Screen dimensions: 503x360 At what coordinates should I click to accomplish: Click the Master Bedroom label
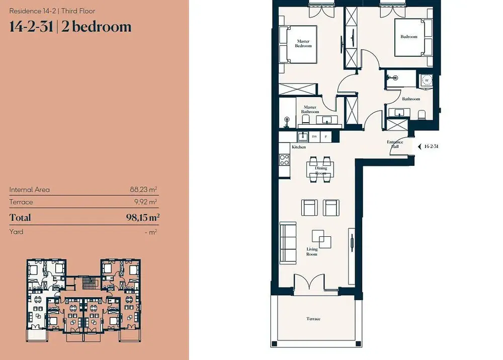pyautogui.click(x=303, y=43)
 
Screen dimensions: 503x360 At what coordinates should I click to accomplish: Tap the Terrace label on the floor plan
pyautogui.click(x=313, y=319)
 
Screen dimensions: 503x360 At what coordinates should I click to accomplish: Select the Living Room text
pyautogui.click(x=311, y=251)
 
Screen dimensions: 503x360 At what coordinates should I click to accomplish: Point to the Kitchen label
pyautogui.click(x=299, y=147)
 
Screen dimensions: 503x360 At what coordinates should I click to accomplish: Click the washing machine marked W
pyautogui.click(x=427, y=80)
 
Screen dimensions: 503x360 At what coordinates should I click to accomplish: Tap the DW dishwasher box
pyautogui.click(x=314, y=137)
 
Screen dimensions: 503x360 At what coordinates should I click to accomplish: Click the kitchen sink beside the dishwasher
pyautogui.click(x=303, y=137)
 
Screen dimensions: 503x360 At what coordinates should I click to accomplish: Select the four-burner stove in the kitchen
pyautogui.click(x=284, y=160)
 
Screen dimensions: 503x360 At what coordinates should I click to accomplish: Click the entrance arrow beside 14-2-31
pyautogui.click(x=420, y=146)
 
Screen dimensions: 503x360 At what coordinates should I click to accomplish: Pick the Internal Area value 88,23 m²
pyautogui.click(x=143, y=190)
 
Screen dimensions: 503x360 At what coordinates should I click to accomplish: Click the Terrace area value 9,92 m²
pyautogui.click(x=146, y=202)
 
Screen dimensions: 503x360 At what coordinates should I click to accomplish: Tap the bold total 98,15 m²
pyautogui.click(x=143, y=217)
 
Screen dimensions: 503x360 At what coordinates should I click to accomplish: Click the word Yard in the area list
pyautogui.click(x=17, y=232)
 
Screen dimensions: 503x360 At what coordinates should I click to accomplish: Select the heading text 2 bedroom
pyautogui.click(x=96, y=27)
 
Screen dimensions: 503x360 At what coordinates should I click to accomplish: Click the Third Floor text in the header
pyautogui.click(x=78, y=11)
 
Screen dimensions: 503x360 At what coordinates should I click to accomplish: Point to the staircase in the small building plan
pyautogui.click(x=87, y=283)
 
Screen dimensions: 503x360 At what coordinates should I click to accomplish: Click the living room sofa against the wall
pyautogui.click(x=288, y=243)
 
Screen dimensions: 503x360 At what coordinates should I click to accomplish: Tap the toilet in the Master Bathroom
pyautogui.click(x=305, y=120)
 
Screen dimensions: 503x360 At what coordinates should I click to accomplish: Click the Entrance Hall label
pyautogui.click(x=395, y=144)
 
